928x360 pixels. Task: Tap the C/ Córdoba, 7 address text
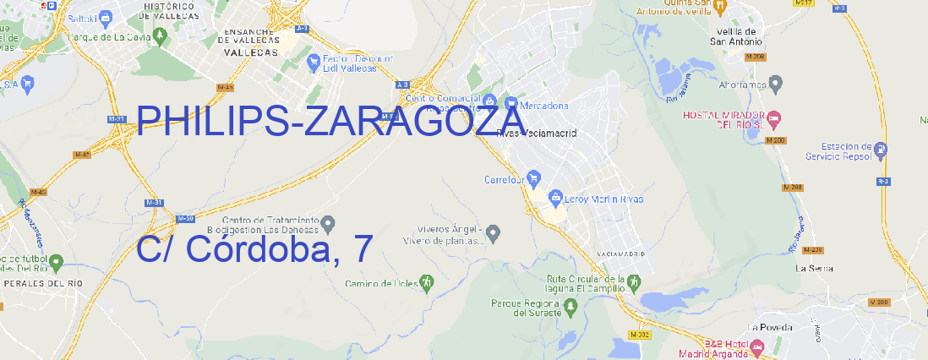(x=254, y=249)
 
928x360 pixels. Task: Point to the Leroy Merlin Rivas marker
(x=555, y=199)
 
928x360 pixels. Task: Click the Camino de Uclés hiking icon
(x=427, y=282)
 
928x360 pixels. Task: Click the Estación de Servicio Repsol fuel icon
(x=882, y=150)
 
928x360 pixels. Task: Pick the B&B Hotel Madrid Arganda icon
(x=758, y=346)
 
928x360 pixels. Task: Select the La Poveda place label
(x=770, y=327)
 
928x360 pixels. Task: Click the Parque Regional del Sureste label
(x=526, y=308)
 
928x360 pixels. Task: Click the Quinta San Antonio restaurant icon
(x=720, y=6)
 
